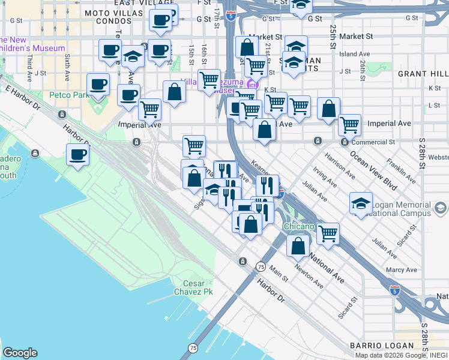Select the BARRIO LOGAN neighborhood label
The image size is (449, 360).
[382, 346]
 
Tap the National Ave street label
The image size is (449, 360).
[327, 270]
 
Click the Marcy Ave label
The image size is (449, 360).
[402, 270]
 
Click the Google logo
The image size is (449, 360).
[20, 353]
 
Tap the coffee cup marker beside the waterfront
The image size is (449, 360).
[77, 155]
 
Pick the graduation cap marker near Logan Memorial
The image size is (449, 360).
[361, 203]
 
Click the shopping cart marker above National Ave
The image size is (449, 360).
[328, 233]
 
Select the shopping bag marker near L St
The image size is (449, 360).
[328, 109]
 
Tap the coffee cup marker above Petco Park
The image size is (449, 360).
[98, 84]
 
